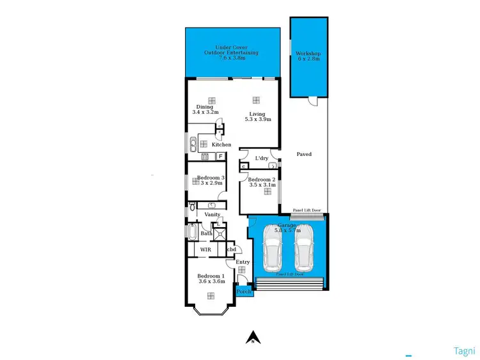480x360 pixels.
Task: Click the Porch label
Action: click(x=244, y=292)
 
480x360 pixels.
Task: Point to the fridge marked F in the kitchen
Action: click(x=221, y=155)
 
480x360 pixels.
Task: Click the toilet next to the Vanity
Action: click(x=191, y=207)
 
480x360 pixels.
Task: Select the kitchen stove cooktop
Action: click(x=205, y=155)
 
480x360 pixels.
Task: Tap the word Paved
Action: click(x=304, y=154)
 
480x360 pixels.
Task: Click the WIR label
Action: click(x=205, y=249)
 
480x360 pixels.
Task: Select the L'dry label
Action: click(x=261, y=158)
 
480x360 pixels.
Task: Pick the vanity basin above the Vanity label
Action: click(x=211, y=205)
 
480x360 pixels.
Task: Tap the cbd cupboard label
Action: click(x=232, y=249)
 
